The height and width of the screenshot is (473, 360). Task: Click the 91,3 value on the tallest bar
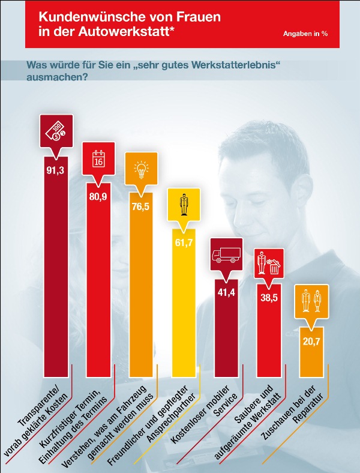(55, 170)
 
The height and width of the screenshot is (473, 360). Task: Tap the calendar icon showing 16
(98, 158)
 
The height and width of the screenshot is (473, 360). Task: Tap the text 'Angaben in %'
(305, 34)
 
